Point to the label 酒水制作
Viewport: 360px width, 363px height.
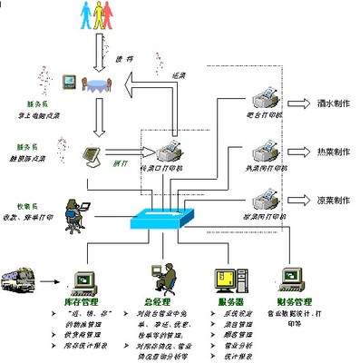pos(331,104)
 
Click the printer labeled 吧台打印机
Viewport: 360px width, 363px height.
pos(263,94)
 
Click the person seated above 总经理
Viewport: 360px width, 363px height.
pos(155,277)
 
